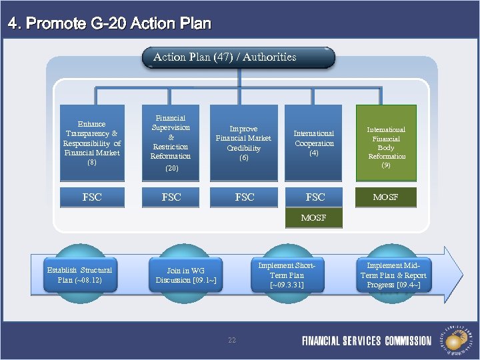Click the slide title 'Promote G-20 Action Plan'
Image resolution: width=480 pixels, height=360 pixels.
click(109, 24)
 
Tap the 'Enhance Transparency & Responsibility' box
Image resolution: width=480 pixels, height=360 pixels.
click(92, 143)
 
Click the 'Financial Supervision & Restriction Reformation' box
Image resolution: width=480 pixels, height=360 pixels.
click(171, 143)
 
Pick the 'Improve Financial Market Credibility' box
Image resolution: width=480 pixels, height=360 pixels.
click(244, 143)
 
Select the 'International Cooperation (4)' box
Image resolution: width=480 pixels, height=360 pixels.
click(314, 143)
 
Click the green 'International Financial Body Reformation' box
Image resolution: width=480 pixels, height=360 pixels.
click(386, 143)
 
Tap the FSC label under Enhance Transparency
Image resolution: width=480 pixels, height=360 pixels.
click(92, 197)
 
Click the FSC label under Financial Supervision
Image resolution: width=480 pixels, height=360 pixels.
click(171, 197)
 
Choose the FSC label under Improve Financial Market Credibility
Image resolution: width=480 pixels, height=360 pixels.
click(244, 197)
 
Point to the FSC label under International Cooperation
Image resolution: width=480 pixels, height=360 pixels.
click(314, 197)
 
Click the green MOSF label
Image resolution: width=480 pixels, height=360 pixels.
click(386, 197)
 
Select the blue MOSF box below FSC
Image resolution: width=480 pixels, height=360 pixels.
click(314, 218)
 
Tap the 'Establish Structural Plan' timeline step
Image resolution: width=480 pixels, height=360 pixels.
click(79, 275)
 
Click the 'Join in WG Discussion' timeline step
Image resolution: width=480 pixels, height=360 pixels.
click(185, 275)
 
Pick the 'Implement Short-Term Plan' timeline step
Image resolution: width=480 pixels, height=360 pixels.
click(287, 275)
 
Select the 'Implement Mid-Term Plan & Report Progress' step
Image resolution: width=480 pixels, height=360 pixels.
click(393, 275)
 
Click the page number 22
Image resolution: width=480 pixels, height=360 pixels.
click(232, 340)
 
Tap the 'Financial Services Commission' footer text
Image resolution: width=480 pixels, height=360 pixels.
click(367, 341)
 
